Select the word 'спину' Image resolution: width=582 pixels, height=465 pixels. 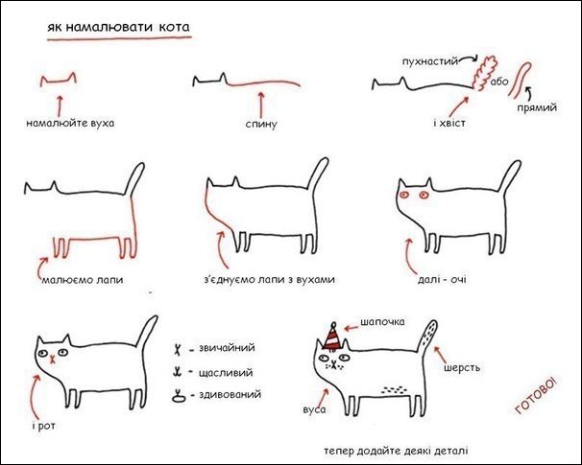pyautogui.click(x=260, y=125)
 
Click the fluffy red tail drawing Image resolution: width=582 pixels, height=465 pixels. pyautogui.click(x=481, y=73)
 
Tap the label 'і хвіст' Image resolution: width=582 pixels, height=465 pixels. pyautogui.click(x=449, y=124)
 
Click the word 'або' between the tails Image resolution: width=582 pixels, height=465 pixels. pyautogui.click(x=498, y=82)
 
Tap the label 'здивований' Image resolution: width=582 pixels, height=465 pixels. pyautogui.click(x=229, y=394)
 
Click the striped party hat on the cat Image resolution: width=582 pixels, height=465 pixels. pyautogui.click(x=332, y=338)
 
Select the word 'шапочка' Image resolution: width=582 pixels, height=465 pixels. pyautogui.click(x=383, y=322)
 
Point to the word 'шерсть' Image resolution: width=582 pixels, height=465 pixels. pyautogui.click(x=462, y=367)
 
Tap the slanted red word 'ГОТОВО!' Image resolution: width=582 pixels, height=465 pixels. pyautogui.click(x=536, y=395)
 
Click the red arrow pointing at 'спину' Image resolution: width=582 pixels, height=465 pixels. pyautogui.click(x=260, y=100)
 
